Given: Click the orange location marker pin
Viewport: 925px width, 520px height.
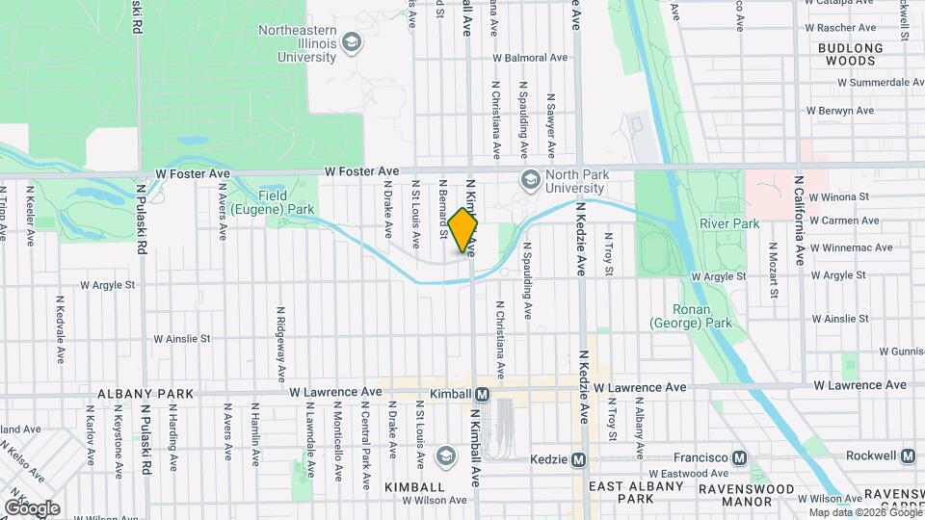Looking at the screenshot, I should pos(463,230).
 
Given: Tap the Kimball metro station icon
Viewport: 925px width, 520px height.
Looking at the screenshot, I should pos(482,395).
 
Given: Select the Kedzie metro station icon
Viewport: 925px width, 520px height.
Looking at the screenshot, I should pos(579,460).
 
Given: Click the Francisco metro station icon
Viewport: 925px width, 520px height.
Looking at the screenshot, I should pos(740,457).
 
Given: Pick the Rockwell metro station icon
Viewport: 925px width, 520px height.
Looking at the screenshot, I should pos(909,455).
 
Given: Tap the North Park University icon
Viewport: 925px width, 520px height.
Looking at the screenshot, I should pos(530,180).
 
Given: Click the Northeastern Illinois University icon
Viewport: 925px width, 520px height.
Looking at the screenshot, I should pos(352,43).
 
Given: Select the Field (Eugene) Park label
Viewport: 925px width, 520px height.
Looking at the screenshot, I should pos(287,201).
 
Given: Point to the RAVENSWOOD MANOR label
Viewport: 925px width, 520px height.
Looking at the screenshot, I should pos(768,496).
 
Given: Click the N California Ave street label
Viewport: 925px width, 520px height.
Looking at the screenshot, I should pos(799,220).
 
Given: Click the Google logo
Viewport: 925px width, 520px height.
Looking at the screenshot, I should pos(32,507).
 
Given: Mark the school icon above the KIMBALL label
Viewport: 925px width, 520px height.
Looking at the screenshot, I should pos(445,455).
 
